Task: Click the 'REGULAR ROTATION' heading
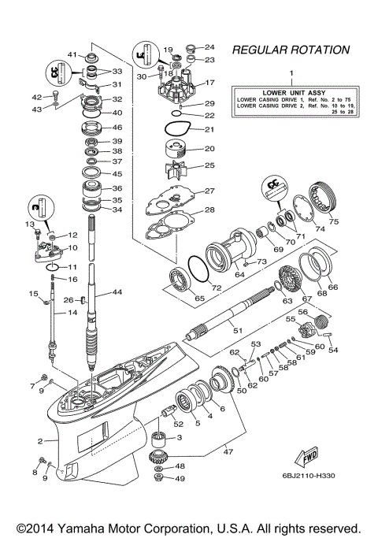291,50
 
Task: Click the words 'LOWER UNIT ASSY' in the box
291,91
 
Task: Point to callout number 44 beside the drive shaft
117,292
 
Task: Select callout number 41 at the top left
71,54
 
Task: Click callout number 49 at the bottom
180,478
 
